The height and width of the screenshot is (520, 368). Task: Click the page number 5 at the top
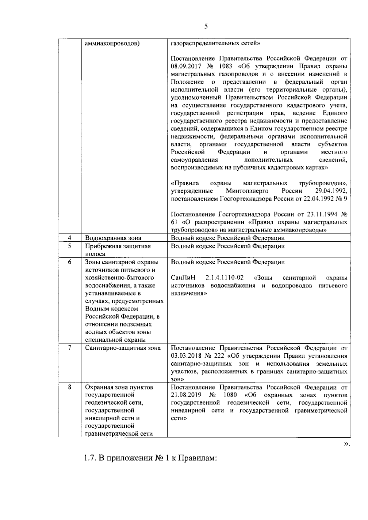click(206, 27)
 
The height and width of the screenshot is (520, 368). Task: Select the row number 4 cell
click(70, 238)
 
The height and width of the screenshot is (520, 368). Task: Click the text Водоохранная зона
click(113, 238)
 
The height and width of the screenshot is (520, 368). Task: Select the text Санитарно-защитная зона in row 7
click(123, 348)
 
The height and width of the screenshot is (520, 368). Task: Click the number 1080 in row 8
click(230, 395)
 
